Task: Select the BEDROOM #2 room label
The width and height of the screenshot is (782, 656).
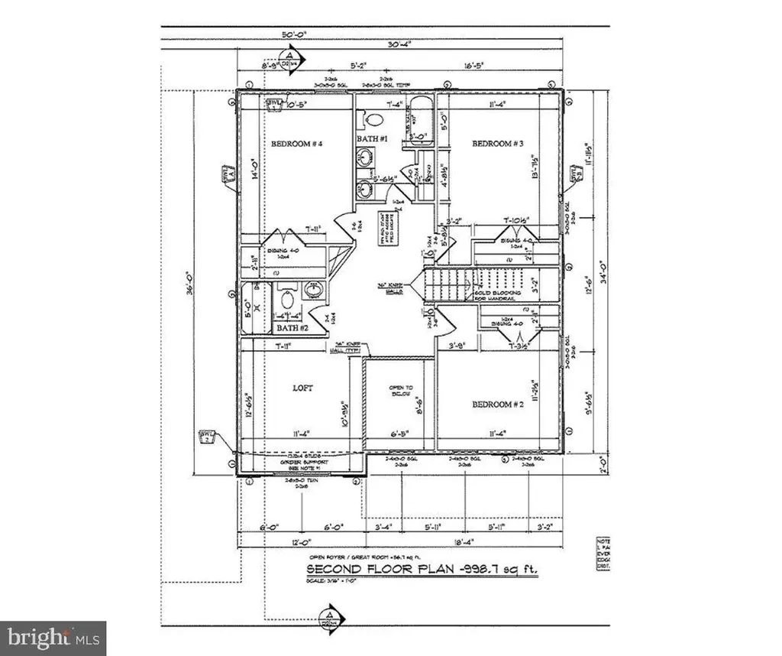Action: [495, 404]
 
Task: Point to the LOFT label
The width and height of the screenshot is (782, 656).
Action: [302, 388]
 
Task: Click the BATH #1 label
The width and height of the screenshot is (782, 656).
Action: [373, 138]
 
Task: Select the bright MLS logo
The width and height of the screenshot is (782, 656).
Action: [52, 638]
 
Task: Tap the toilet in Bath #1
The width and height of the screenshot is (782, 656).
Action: [373, 119]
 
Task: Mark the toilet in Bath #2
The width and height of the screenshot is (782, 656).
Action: [288, 298]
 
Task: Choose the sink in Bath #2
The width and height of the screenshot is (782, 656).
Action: [314, 291]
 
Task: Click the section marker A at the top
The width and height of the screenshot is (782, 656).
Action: [288, 57]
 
